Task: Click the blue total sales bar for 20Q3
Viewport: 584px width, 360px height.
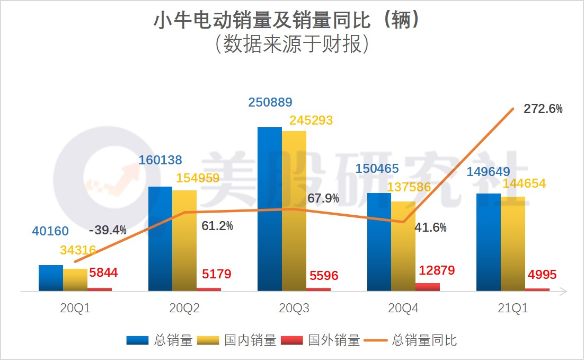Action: [269, 209]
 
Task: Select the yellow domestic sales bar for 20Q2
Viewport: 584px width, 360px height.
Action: [184, 240]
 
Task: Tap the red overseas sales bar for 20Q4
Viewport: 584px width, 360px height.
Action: [428, 287]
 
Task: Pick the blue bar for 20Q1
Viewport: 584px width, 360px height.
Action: [51, 278]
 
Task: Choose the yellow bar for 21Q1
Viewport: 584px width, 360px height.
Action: [512, 243]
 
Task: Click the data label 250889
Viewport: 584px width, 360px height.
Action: [270, 102]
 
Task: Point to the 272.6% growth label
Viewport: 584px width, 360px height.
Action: [543, 109]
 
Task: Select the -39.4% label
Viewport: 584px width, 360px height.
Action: [108, 230]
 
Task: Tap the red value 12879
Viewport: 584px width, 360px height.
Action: [437, 270]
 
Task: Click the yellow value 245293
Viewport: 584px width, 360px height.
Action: [311, 120]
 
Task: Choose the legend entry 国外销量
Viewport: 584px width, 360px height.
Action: [321, 340]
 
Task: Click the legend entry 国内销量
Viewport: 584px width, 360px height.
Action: [237, 340]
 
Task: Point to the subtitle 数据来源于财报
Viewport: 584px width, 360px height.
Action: [291, 45]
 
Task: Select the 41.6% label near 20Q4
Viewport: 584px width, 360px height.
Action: [430, 227]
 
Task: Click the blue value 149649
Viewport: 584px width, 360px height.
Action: [488, 172]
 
